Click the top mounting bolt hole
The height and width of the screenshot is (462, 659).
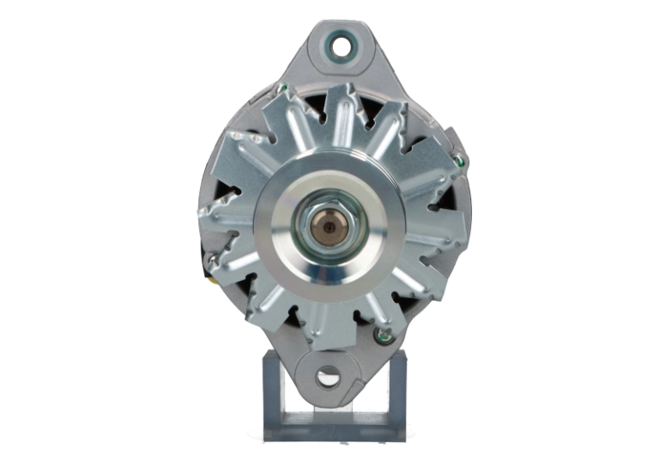click(x=342, y=46)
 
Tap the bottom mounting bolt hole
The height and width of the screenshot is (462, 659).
click(x=328, y=375)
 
